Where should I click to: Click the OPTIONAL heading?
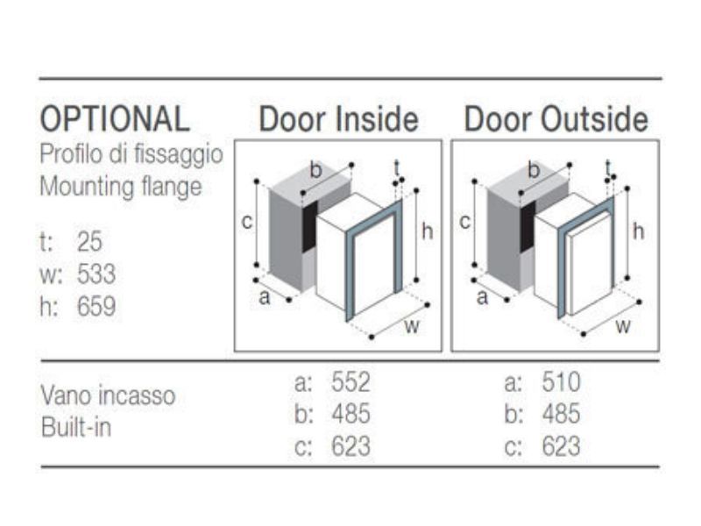click(115, 118)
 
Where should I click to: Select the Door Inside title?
click(338, 119)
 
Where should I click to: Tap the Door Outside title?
click(556, 119)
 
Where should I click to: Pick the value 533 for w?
click(96, 275)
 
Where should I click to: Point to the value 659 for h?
click(96, 307)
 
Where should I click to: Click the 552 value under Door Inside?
click(350, 382)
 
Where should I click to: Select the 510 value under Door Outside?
click(561, 382)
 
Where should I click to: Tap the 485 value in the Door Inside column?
click(350, 414)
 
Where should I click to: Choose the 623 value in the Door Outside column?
click(561, 446)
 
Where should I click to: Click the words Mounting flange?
click(121, 186)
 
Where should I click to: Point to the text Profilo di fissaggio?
click(131, 154)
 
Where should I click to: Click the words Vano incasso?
click(108, 396)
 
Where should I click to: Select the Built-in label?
click(76, 429)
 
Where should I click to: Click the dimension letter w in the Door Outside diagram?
click(622, 327)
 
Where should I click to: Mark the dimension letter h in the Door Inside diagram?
click(427, 231)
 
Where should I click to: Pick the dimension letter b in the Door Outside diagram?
click(533, 171)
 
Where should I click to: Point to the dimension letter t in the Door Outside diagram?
click(609, 167)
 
